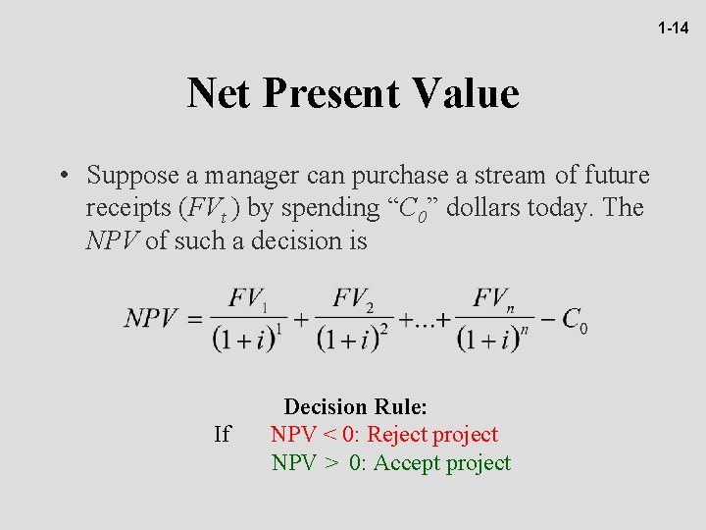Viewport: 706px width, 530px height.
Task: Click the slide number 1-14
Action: [673, 28]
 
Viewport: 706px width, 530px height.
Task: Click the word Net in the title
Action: [219, 93]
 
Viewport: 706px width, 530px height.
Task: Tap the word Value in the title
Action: [465, 93]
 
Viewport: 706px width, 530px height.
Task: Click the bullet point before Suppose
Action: [62, 177]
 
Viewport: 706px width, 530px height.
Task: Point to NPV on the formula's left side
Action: [152, 318]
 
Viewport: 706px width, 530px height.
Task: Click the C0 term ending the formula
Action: [575, 320]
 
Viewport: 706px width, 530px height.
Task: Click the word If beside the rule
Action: [222, 434]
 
